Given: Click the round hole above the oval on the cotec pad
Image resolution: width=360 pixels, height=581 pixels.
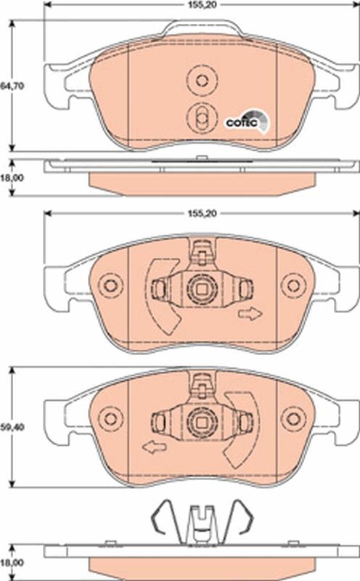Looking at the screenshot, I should tap(202, 80).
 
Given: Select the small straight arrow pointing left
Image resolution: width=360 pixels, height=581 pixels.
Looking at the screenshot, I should tap(153, 447).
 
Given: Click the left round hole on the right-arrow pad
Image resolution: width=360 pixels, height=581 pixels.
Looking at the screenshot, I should tap(110, 285).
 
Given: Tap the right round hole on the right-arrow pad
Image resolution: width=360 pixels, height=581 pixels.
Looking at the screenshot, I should tap(293, 285).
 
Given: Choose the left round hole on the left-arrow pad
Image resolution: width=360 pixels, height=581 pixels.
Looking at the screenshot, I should tap(110, 418).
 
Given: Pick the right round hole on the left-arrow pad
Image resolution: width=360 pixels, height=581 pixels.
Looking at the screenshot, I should tap(293, 418).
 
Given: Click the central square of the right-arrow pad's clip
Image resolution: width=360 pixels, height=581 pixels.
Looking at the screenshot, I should tap(201, 289).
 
